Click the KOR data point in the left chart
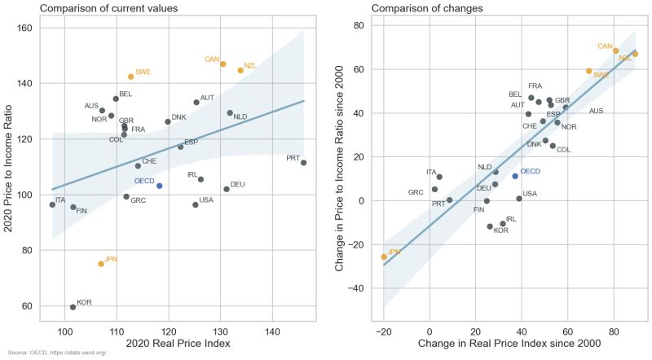73,307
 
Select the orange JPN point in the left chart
101,264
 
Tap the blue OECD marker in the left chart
160,186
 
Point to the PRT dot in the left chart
303,163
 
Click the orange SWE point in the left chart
130,77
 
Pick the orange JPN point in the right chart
384,257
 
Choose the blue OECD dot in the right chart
515,176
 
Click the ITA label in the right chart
432,172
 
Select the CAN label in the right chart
605,46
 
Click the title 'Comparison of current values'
108,8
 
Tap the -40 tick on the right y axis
355,288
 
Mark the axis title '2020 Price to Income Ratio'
8,166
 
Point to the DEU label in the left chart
238,184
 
